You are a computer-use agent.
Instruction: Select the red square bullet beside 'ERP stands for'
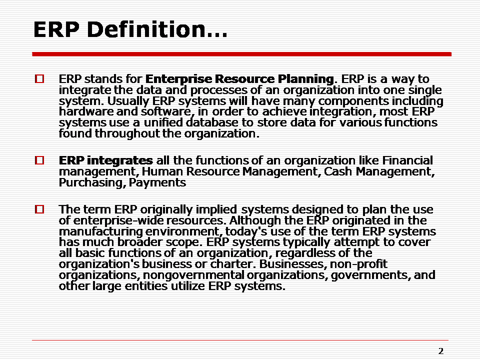tap(39, 79)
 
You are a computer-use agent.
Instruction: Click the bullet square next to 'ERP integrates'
tap(39, 161)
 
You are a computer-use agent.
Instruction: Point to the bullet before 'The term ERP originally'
tap(39, 209)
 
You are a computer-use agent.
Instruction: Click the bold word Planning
tap(305, 79)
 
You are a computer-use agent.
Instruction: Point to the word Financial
tap(407, 161)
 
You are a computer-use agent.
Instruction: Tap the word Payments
tap(157, 183)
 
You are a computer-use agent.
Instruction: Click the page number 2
tap(440, 351)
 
